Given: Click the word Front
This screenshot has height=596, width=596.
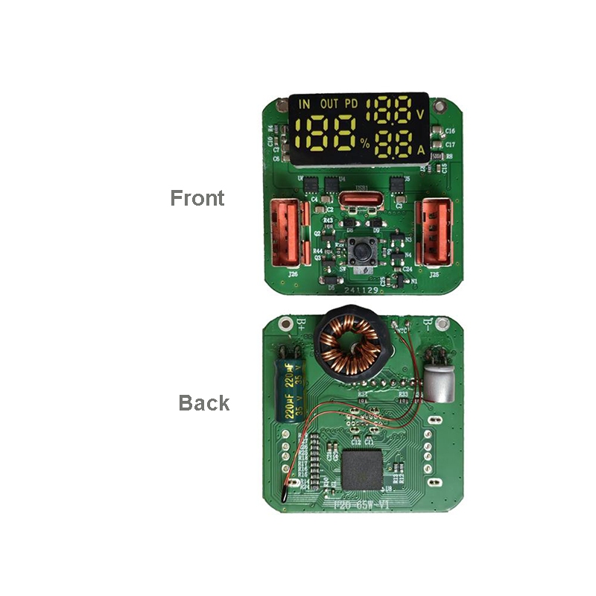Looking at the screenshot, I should [197, 198].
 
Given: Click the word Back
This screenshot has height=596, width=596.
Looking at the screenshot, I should [203, 403].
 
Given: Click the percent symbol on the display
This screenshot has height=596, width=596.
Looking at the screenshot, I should [365, 144].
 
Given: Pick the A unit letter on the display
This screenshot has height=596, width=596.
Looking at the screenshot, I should [421, 150].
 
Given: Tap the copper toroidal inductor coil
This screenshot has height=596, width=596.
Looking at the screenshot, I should [349, 345].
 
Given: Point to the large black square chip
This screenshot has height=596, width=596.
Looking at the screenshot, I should [365, 472].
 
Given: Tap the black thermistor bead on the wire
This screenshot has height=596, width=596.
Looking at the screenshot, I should [288, 491].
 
